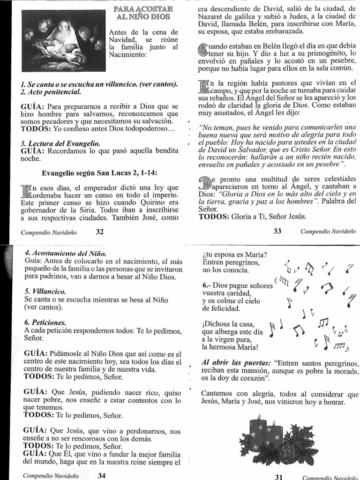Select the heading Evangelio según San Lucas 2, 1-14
point(99,173)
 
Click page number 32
point(99,231)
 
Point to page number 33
point(277,231)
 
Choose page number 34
point(102,475)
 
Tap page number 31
point(279,476)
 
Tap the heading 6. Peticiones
point(45,323)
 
